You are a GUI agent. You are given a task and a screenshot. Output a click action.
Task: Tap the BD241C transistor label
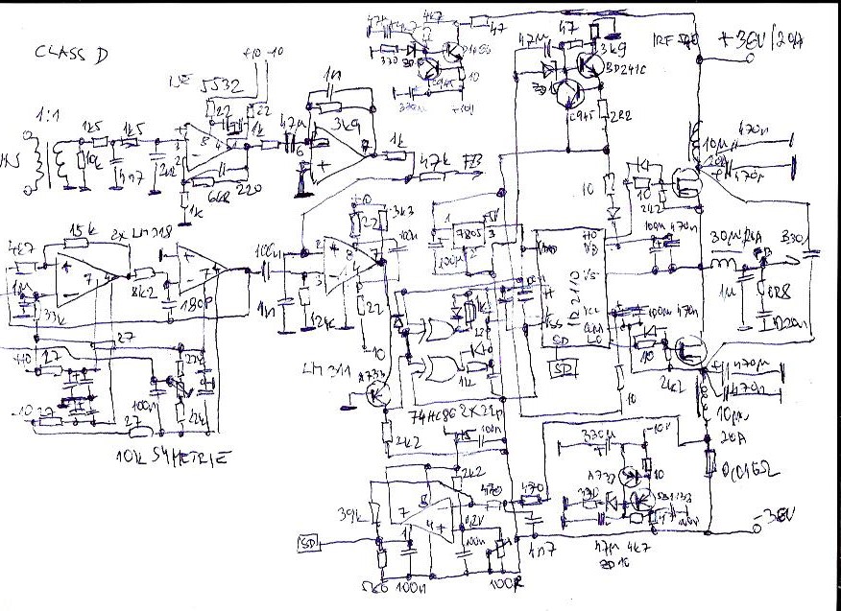tap(628, 70)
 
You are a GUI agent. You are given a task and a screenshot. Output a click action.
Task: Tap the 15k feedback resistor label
tap(80, 228)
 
